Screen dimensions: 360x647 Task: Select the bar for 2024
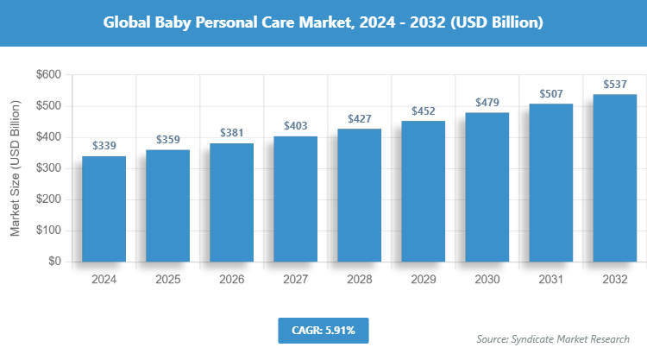(104, 209)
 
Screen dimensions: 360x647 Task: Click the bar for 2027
(296, 199)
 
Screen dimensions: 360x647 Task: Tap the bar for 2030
(487, 186)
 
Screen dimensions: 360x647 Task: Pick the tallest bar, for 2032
(615, 178)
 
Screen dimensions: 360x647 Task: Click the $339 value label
(104, 146)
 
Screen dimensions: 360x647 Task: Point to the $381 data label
(232, 133)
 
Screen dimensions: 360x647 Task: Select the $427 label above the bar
(360, 118)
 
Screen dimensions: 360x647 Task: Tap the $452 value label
(424, 111)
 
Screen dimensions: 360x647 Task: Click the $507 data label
(551, 93)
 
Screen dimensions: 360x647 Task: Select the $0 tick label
(53, 262)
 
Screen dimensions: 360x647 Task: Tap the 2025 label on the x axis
(168, 280)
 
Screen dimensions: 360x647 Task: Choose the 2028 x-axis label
(360, 280)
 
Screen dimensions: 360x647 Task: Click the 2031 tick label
(551, 280)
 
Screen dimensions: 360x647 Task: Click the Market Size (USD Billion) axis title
(16, 168)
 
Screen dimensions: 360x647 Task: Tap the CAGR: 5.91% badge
(323, 330)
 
